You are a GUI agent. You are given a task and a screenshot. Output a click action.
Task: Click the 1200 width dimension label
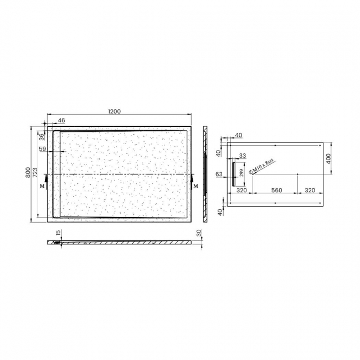click(x=115, y=112)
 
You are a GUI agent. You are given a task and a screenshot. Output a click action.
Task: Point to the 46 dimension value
click(x=61, y=120)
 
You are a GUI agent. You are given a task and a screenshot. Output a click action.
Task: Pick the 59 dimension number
click(x=42, y=148)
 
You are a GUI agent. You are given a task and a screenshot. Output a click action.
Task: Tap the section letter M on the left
click(x=42, y=187)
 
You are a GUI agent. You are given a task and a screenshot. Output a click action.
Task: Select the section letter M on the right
click(x=196, y=186)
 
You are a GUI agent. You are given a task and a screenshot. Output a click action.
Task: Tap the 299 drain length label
click(x=241, y=172)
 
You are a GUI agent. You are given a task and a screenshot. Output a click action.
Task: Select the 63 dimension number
click(x=219, y=174)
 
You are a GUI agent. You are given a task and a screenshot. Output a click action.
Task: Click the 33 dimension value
click(x=243, y=156)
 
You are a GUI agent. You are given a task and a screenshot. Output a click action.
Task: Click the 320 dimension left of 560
click(x=241, y=190)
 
